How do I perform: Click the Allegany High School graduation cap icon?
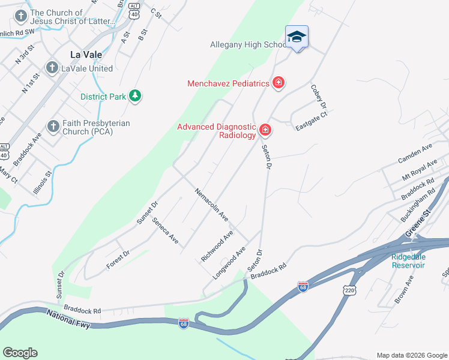(x=297, y=37)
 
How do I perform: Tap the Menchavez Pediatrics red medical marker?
(x=278, y=83)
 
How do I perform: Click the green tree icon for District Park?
(x=136, y=96)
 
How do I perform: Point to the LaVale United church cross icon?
(x=52, y=68)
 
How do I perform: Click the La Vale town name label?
(x=86, y=54)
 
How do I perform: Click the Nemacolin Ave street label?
(x=211, y=203)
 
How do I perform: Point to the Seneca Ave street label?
(x=165, y=230)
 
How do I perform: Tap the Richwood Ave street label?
(x=217, y=246)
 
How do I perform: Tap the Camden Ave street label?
(x=415, y=154)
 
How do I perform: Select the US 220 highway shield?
(x=349, y=290)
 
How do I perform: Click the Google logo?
(x=20, y=353)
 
